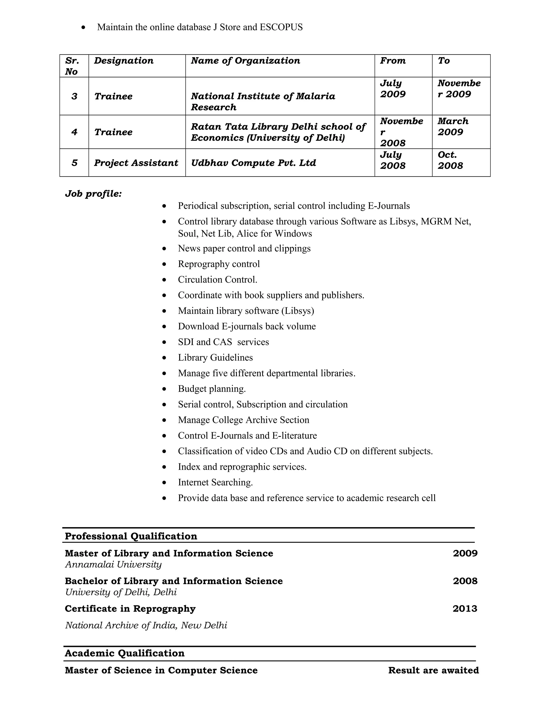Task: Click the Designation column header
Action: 124,61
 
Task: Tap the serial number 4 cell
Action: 74,132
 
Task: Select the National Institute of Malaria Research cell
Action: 263,101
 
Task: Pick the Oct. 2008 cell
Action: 450,160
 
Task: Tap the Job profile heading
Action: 93,194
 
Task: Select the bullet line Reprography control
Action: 219,264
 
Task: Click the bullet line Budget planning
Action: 212,389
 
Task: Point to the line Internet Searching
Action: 215,482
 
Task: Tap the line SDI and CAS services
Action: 223,342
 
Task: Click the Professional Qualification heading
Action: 131,536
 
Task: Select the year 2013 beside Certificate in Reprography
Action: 465,609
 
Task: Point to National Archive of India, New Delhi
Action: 146,625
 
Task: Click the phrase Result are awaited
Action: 433,670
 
